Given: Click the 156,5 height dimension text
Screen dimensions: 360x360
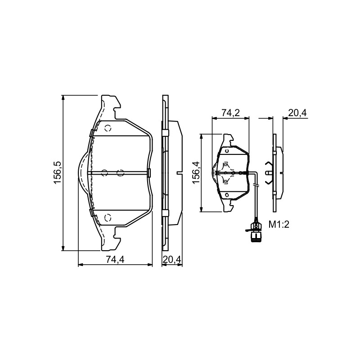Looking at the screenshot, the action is pyautogui.click(x=57, y=172).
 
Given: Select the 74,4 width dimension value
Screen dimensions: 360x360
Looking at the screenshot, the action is pyautogui.click(x=115, y=260).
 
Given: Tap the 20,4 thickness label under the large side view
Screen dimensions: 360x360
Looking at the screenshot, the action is pyautogui.click(x=172, y=260).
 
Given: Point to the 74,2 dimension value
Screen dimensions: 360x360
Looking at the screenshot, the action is pyautogui.click(x=230, y=113).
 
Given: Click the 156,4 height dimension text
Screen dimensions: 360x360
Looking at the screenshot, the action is pyautogui.click(x=197, y=172).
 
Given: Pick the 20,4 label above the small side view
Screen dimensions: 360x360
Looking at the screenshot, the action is pyautogui.click(x=297, y=113).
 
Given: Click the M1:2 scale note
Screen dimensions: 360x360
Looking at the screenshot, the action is pyautogui.click(x=279, y=224).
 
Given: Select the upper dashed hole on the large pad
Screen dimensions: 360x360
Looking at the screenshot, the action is pyautogui.click(x=108, y=128).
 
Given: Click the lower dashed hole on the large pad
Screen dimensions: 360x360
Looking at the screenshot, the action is pyautogui.click(x=108, y=217).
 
